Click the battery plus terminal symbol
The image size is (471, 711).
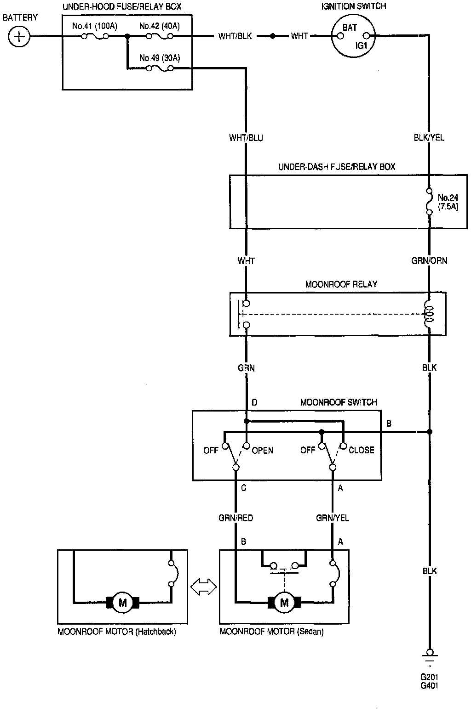(19, 36)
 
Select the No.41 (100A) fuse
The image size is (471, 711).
(95, 36)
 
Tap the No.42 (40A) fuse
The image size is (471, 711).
(159, 36)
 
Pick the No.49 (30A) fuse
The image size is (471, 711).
(159, 68)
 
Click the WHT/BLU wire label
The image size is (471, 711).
(246, 138)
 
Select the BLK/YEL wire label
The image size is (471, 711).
(429, 138)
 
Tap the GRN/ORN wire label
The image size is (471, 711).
(429, 261)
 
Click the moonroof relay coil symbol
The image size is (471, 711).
(429, 314)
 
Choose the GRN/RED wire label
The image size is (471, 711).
(235, 518)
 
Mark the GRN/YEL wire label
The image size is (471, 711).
(332, 518)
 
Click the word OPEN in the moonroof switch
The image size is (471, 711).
(263, 451)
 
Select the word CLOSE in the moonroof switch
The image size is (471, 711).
(362, 451)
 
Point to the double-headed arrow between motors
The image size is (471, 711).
(203, 587)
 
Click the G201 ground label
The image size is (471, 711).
(429, 677)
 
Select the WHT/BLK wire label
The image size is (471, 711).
(235, 36)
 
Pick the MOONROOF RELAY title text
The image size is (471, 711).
(341, 284)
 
